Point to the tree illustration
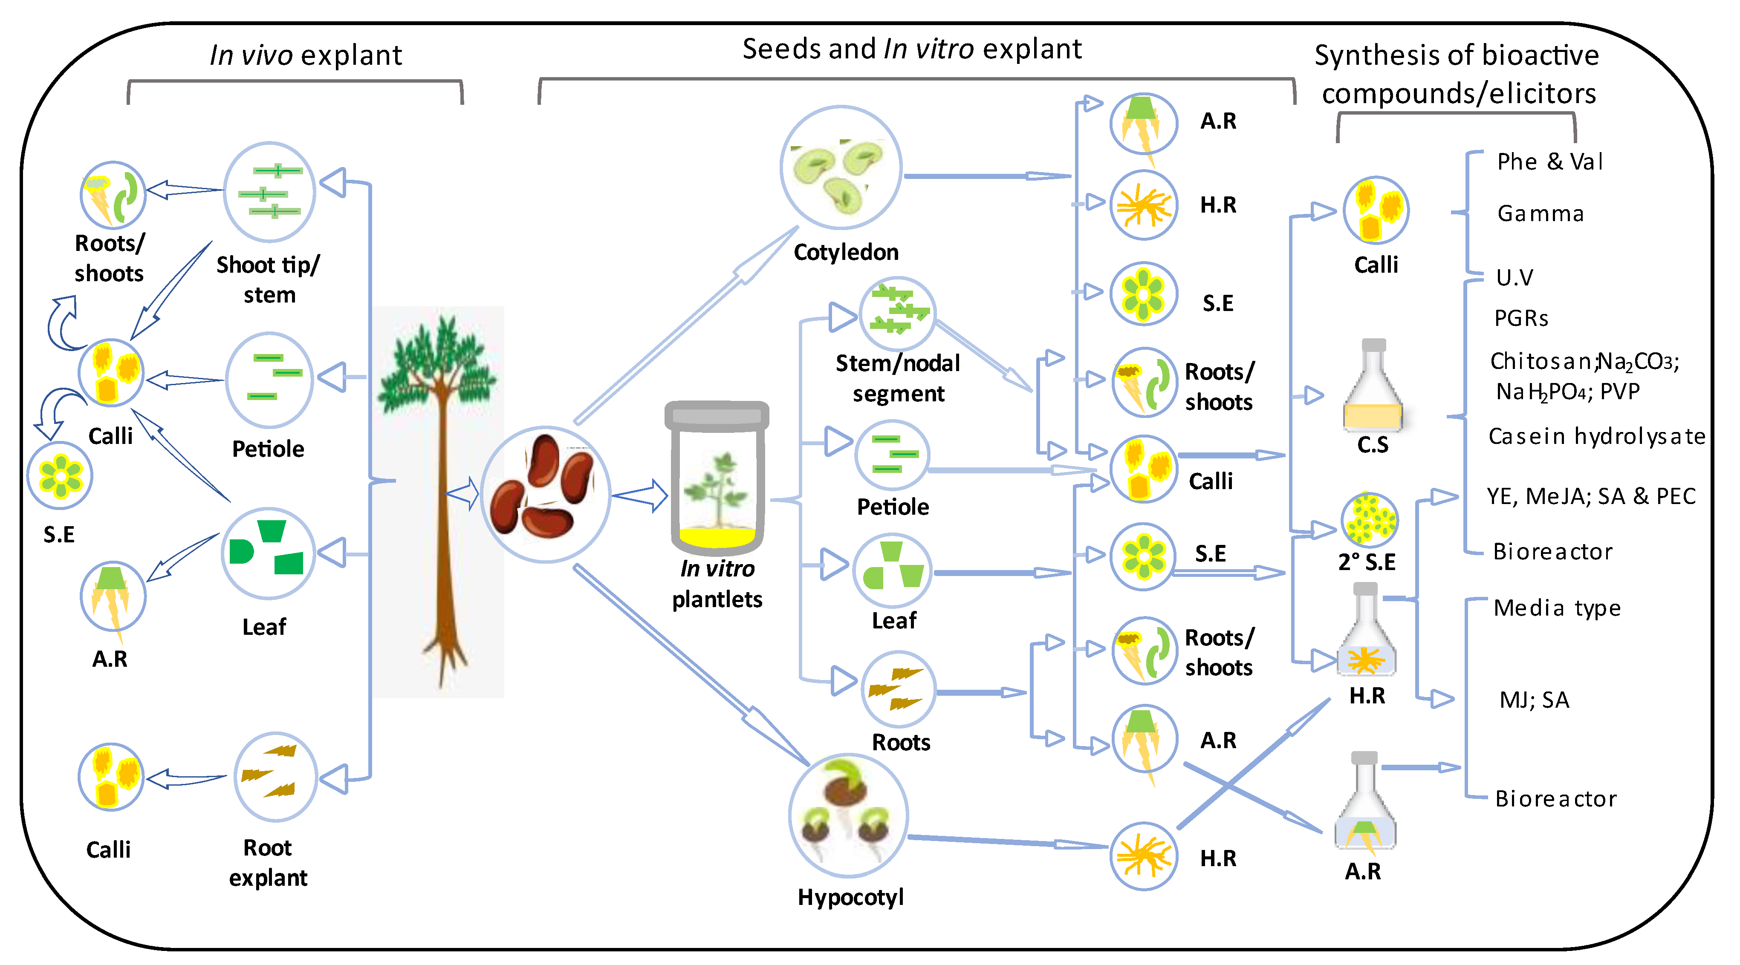[x=439, y=500]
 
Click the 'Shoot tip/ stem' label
[x=268, y=279]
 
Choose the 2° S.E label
[x=1367, y=562]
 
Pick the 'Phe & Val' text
[x=1549, y=162]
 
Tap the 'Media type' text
[x=1556, y=608]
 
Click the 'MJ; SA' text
[x=1534, y=700]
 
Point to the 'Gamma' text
[x=1540, y=214]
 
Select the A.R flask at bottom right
[x=1364, y=804]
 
